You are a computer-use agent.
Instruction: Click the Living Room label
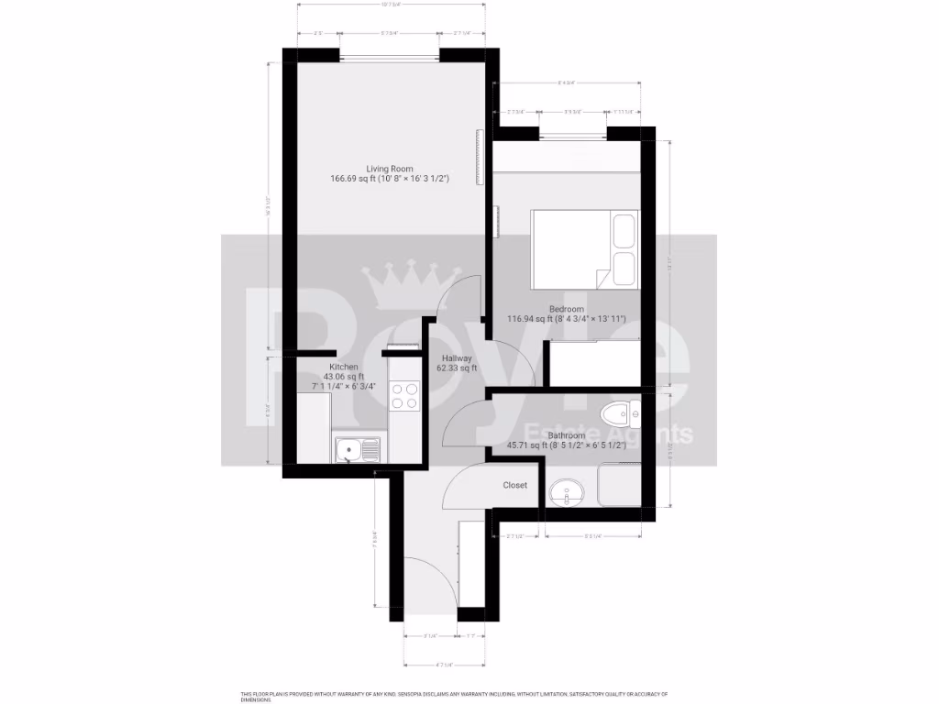(x=390, y=169)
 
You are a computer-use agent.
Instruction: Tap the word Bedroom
(x=567, y=309)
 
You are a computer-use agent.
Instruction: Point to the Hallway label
(x=457, y=358)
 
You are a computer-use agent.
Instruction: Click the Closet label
(x=515, y=485)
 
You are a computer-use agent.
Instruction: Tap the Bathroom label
(x=567, y=435)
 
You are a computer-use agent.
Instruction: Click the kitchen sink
(x=351, y=449)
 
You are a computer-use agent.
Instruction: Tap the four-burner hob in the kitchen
(x=405, y=396)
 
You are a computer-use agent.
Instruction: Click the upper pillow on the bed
(x=624, y=230)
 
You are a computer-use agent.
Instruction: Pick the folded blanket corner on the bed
(x=602, y=279)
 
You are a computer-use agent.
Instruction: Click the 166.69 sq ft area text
(x=352, y=180)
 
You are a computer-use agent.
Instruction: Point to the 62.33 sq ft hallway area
(x=457, y=369)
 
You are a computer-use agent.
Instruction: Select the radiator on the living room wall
(x=478, y=158)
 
